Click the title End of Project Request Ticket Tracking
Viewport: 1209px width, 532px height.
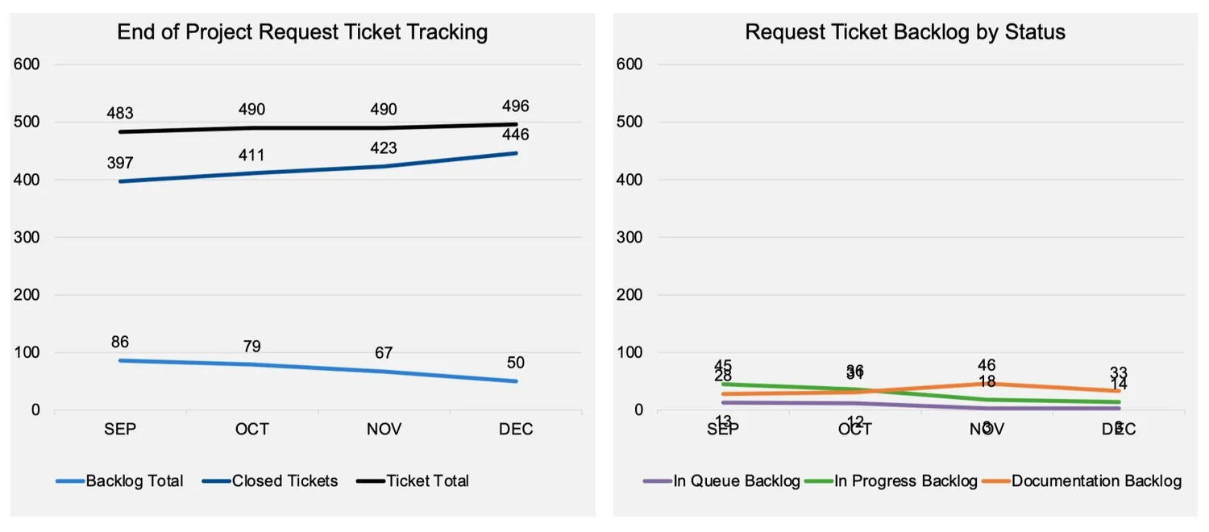302,32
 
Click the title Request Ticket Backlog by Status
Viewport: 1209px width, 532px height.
905,32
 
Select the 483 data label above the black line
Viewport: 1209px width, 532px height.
120,114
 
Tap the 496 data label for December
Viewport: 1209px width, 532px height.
515,106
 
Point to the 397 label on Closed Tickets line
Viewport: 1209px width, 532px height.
120,164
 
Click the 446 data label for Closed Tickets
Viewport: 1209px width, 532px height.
515,135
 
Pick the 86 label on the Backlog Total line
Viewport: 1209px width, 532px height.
120,343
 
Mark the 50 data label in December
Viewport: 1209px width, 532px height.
515,364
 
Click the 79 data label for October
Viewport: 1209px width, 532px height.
251,347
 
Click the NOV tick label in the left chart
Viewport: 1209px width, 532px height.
384,430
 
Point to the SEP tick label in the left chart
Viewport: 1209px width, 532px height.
120,430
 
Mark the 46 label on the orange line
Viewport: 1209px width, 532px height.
987,366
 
